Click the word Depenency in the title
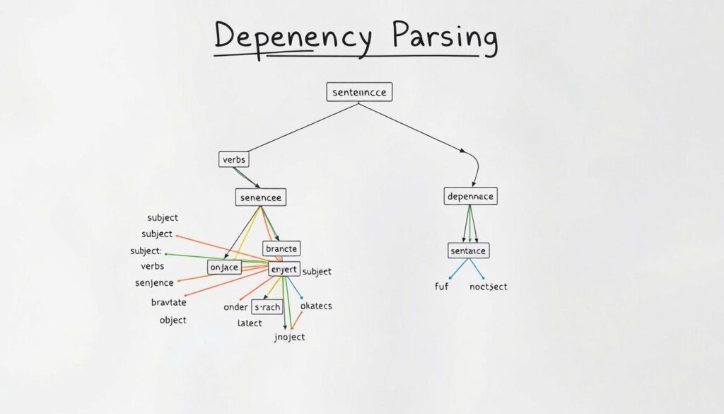(x=293, y=40)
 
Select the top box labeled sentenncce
(x=359, y=93)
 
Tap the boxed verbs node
(x=234, y=160)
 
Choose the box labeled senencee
(x=261, y=198)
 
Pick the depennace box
(x=470, y=196)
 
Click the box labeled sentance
(x=468, y=251)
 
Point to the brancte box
(x=281, y=248)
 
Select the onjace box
(x=225, y=267)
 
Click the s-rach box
(x=267, y=307)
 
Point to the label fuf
(x=441, y=287)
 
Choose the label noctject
(x=488, y=287)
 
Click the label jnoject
(x=288, y=337)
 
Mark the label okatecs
(x=316, y=306)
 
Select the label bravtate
(x=168, y=302)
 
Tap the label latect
(x=250, y=323)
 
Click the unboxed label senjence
(x=154, y=283)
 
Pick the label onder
(x=235, y=307)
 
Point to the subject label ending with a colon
(x=146, y=251)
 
